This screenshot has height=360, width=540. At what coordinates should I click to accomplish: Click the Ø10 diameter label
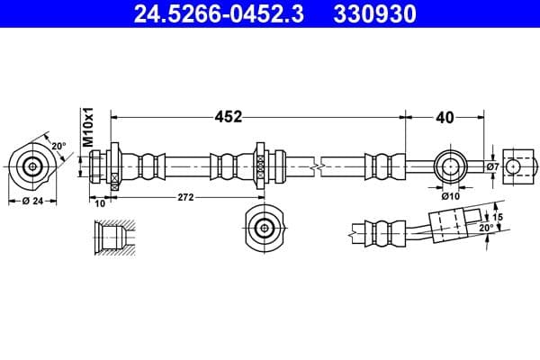point(452,193)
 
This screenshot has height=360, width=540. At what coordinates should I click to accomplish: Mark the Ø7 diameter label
point(492,166)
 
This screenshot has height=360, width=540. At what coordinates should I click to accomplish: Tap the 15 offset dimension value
point(498,217)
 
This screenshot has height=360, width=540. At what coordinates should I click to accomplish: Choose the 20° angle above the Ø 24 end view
point(58,145)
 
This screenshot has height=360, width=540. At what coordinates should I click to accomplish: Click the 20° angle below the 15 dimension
point(487,229)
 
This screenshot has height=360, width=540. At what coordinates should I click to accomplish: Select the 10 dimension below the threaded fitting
point(100,202)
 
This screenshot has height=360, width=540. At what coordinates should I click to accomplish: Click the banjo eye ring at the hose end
point(451,166)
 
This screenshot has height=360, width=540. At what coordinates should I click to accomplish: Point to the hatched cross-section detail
point(115,237)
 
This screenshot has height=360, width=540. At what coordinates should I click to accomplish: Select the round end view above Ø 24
point(33,166)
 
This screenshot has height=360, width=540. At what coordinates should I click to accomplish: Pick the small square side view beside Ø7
point(515,166)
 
